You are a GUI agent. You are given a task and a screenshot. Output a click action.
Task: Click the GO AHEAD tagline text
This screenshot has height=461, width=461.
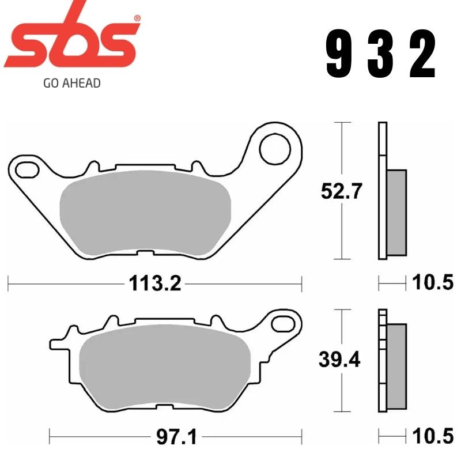click(x=72, y=83)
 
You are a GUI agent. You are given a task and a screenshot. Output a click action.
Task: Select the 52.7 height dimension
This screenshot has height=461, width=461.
click(x=341, y=191)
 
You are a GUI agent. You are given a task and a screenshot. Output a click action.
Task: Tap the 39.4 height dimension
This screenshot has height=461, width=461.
click(x=340, y=360)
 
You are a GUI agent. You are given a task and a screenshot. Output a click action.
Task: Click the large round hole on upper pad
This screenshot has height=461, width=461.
click(x=274, y=149)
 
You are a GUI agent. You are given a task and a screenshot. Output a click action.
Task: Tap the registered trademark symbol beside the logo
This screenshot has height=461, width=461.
click(x=137, y=18)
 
